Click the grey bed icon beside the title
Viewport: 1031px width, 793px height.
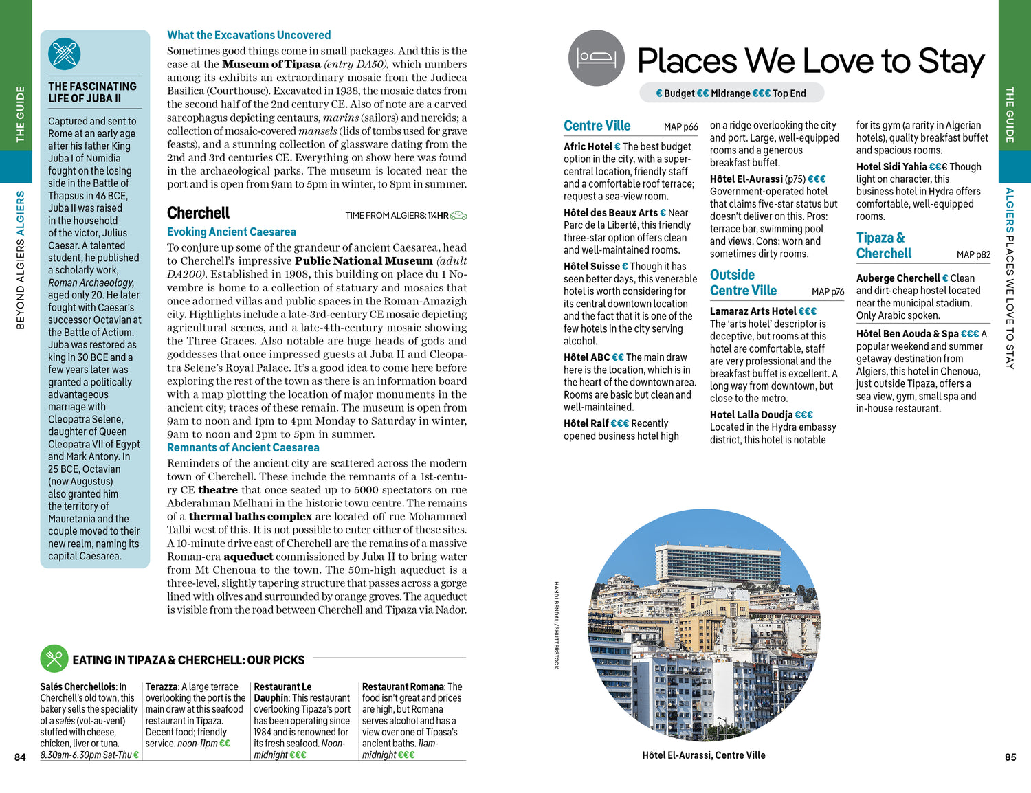(x=597, y=58)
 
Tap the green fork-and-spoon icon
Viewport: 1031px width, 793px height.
(x=54, y=658)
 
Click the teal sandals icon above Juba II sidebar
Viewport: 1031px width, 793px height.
(x=65, y=54)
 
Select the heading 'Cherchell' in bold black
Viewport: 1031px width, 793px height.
(x=198, y=213)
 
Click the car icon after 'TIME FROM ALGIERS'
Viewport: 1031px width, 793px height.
(x=458, y=216)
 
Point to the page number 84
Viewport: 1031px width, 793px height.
(x=20, y=757)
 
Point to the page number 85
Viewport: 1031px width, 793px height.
(x=1010, y=757)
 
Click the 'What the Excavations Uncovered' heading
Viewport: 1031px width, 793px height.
(x=249, y=35)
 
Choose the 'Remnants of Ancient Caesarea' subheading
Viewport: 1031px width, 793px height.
(x=243, y=447)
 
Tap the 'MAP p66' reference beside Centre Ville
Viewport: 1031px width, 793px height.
(x=680, y=126)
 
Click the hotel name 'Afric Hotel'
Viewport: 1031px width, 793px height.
(x=588, y=146)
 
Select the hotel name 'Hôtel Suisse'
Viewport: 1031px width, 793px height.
(x=592, y=266)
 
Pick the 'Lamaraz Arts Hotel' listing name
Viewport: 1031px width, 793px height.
(x=753, y=311)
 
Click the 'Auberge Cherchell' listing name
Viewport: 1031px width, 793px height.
(x=898, y=278)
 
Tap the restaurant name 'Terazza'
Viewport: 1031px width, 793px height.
(x=162, y=686)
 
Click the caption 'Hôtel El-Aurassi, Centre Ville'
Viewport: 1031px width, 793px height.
(x=703, y=755)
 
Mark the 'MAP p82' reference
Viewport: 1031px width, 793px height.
(x=973, y=254)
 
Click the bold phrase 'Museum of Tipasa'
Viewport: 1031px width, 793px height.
(x=271, y=64)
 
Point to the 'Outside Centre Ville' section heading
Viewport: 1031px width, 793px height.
(x=743, y=282)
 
